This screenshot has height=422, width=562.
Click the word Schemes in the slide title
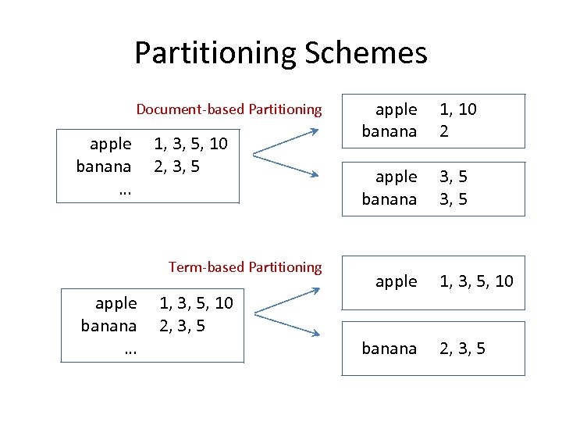366,53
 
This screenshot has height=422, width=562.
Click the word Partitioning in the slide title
216,53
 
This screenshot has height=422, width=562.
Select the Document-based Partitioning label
229,109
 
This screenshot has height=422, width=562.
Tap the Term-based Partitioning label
245,267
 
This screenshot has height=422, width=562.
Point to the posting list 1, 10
458,110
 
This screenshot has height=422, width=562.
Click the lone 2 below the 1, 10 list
443,131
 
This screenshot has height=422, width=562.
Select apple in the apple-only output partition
396,281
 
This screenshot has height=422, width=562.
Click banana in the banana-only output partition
389,349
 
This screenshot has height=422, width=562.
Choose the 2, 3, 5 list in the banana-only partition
462,349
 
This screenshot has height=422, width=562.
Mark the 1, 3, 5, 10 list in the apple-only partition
476,281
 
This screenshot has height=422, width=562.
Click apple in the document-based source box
111,144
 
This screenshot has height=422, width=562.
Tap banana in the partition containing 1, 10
389,131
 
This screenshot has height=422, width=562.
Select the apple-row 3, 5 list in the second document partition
454,177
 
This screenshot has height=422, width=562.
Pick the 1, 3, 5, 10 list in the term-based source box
196,303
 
